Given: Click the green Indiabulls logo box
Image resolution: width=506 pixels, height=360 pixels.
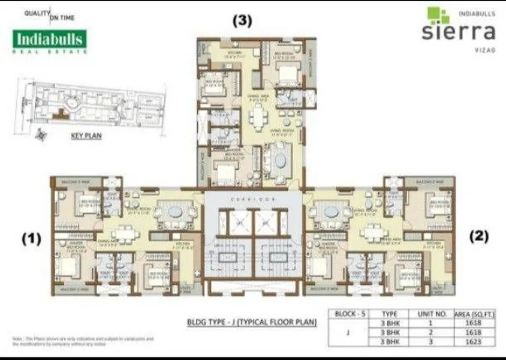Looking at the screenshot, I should point(50,39).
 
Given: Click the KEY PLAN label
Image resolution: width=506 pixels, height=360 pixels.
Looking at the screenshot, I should point(86,136).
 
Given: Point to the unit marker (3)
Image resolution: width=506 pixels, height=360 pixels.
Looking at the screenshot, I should point(242,20).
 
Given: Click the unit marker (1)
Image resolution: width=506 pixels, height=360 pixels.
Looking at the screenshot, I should point(31,238).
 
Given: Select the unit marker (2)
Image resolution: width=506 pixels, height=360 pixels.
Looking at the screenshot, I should point(479,236).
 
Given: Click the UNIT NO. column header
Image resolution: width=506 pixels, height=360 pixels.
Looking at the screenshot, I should point(429,314).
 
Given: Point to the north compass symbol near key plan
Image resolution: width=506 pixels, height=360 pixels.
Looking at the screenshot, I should point(40,134).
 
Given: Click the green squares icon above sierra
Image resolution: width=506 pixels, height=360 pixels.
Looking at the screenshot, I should point(438,14).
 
